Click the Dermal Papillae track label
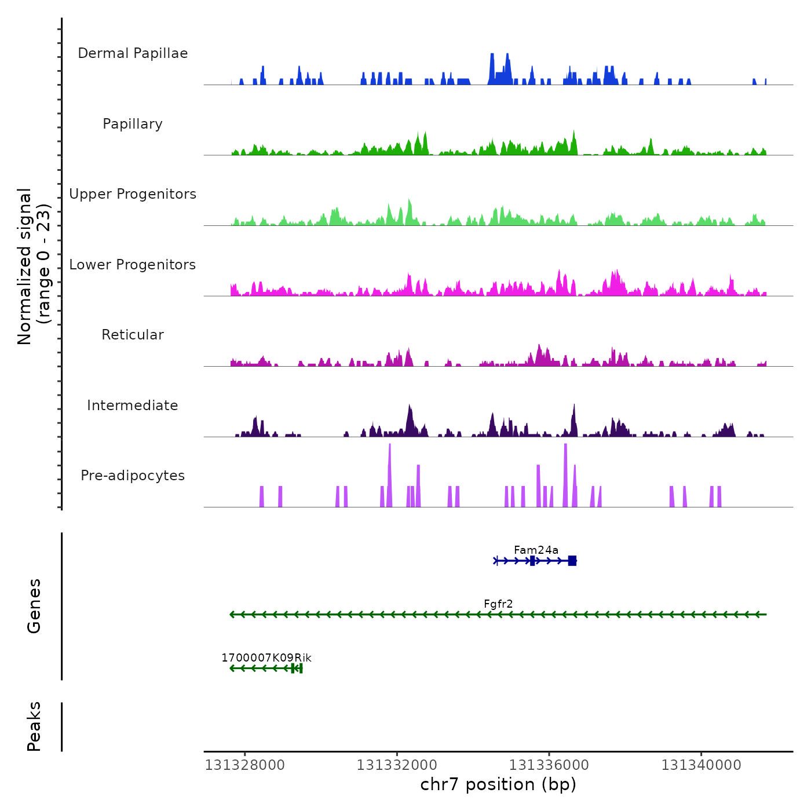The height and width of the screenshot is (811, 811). coord(133,53)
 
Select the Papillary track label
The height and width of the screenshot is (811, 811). coord(133,124)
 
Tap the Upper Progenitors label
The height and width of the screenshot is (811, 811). coord(133,194)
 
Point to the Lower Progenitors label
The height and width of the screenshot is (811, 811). coord(133,265)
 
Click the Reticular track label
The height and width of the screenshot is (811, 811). coord(133,335)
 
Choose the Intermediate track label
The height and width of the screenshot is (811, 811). coord(133,405)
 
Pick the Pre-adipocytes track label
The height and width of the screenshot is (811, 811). coord(133,476)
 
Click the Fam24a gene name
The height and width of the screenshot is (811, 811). coord(536,550)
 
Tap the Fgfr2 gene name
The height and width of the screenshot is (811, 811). coord(498,604)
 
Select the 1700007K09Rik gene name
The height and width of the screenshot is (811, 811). coord(266,658)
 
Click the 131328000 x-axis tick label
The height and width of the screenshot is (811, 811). coord(245,765)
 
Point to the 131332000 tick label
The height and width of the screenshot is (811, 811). coord(397,765)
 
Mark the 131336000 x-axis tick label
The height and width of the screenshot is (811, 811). coord(549,765)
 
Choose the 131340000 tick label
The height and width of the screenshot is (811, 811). coord(701,765)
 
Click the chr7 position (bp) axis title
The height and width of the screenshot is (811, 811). coord(498,784)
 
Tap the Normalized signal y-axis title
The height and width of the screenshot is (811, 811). coord(34,266)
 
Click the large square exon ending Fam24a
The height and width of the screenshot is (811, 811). coord(572,560)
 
